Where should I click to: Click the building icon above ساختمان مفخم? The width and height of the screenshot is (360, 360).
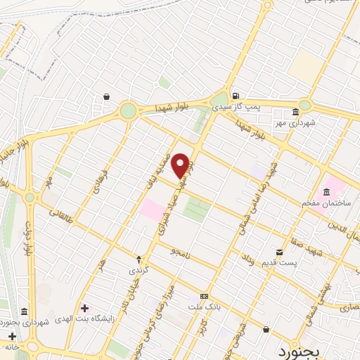pos(326,193)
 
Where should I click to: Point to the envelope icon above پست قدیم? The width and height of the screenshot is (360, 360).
pos(280,252)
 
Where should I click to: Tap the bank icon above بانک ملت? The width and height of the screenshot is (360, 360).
pos(204,296)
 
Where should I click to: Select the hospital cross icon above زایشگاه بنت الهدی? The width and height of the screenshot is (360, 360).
pos(85,308)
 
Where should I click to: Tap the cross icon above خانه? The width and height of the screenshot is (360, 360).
pos(12,336)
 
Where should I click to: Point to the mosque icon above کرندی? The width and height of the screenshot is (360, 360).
pos(138,259)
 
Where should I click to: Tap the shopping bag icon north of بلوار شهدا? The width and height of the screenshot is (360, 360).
pos(105,97)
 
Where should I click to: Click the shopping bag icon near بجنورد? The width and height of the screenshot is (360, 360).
pos(266,328)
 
